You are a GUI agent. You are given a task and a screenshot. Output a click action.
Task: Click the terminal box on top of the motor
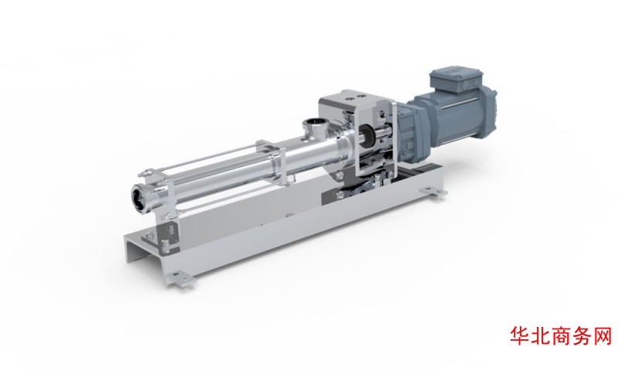click(x=455, y=81)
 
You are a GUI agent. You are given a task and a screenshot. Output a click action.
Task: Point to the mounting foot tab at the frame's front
click(x=180, y=278)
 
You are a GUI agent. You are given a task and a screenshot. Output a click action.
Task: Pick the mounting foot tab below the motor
click(x=433, y=192)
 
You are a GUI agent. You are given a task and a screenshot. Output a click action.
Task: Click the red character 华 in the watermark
click(x=520, y=336)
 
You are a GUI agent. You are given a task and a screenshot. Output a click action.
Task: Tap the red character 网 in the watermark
click(x=603, y=336)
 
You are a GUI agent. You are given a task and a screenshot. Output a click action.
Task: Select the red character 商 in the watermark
click(x=562, y=336)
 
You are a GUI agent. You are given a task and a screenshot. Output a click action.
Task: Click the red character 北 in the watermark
click(x=541, y=336)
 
